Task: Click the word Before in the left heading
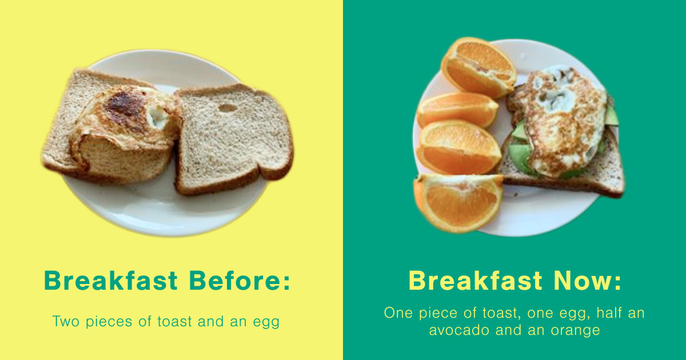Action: coord(235,281)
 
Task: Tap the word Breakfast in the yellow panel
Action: coord(111,281)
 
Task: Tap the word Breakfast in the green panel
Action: coord(476,281)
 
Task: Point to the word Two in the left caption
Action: coord(66,321)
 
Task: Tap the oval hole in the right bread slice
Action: coord(228,108)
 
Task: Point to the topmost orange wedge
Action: coord(478,67)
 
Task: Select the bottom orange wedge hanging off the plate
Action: coord(458,203)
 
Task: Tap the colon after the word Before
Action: coord(286,281)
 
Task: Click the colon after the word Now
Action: coord(618,281)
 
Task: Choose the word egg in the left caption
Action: coord(266,323)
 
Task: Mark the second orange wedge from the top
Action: coord(458,110)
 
